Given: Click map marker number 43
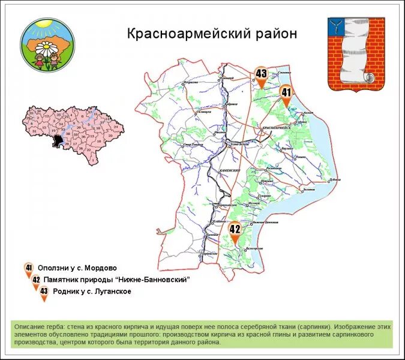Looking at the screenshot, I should tap(261, 76).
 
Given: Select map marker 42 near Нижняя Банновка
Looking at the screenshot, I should tap(235, 230).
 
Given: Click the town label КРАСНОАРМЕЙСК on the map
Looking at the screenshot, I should tap(276, 128).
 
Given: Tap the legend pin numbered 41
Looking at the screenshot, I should tap(28, 268).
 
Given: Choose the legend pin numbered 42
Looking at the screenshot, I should tap(36, 280).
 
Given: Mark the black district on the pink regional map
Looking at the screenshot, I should tap(58, 141).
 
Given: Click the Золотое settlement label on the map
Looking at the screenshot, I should tap(308, 190).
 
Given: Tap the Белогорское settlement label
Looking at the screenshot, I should tap(254, 248).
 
